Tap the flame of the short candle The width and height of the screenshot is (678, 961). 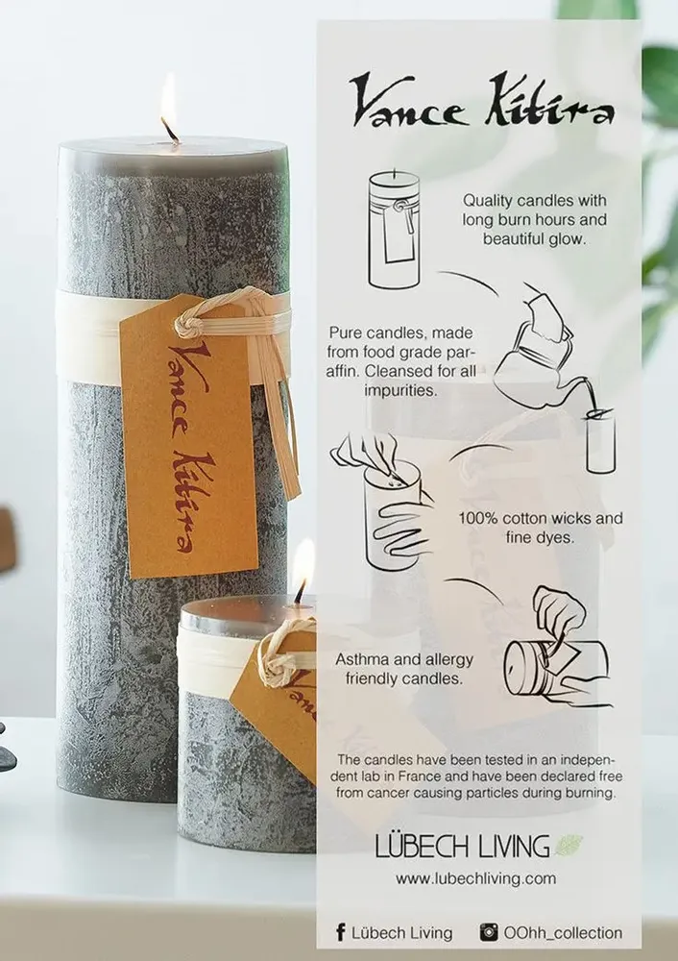[x=303, y=565]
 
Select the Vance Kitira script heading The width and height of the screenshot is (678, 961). [x=481, y=103]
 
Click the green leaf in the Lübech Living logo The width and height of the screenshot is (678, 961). [x=568, y=845]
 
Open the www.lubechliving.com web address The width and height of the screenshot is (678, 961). [x=475, y=878]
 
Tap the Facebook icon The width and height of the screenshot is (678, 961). [x=340, y=932]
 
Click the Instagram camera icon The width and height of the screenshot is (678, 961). [x=489, y=932]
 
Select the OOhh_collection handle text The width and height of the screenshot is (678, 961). [x=563, y=932]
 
